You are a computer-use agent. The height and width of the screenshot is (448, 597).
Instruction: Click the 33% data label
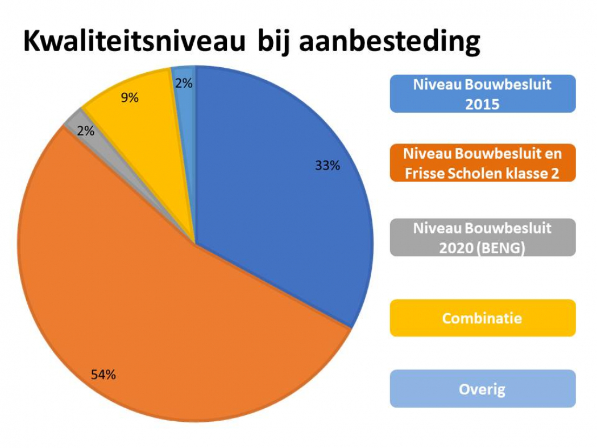(327, 166)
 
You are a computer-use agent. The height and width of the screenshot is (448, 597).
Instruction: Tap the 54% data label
(103, 375)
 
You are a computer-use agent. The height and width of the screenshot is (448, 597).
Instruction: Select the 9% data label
(130, 98)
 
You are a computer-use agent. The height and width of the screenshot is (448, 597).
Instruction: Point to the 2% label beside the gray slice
(85, 131)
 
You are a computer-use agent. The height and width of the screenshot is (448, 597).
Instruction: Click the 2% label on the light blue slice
(184, 83)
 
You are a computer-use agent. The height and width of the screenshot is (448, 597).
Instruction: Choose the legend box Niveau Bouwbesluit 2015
(482, 94)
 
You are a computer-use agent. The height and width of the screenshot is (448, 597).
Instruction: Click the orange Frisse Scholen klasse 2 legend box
(482, 163)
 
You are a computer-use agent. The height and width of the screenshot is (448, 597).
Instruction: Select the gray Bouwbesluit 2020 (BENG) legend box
(482, 237)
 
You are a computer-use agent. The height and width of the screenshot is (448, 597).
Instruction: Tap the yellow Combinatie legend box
(482, 318)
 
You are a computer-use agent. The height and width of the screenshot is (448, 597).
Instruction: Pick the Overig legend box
(482, 389)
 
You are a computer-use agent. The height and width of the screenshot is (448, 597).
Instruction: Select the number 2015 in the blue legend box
(482, 104)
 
